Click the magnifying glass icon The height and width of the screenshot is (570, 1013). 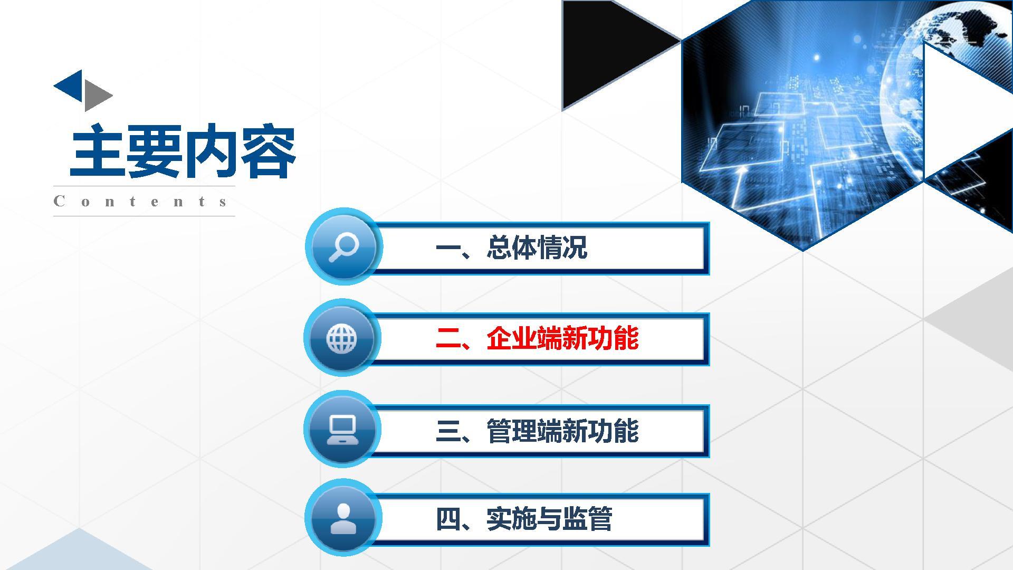(343, 247)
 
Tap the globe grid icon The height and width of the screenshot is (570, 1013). (342, 338)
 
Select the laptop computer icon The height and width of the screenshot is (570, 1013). (342, 430)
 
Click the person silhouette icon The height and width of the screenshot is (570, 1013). (343, 518)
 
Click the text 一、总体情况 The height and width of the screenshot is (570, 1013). (511, 247)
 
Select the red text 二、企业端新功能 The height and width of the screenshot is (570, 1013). (537, 338)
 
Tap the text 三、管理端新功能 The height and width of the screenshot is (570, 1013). (537, 431)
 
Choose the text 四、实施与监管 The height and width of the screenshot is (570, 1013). (524, 519)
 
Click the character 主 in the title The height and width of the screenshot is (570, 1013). (98, 151)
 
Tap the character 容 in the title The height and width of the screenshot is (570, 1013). (269, 151)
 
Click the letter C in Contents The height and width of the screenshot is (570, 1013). (59, 201)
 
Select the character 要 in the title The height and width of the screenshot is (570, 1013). (154, 151)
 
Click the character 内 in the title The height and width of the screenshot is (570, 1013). (211, 151)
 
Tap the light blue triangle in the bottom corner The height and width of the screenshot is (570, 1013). (79, 552)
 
